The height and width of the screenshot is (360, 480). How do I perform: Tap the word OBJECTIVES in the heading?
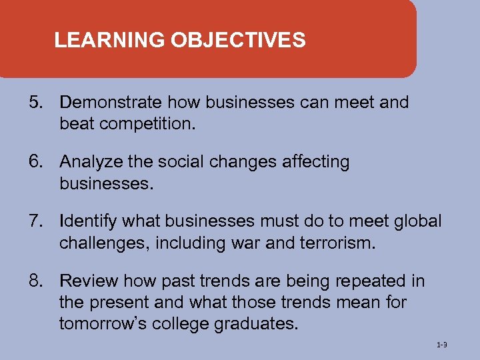pyautogui.click(x=238, y=41)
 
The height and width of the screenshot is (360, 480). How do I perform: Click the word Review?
pyautogui.click(x=85, y=281)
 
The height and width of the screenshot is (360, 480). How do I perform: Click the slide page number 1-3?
pyautogui.click(x=441, y=345)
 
